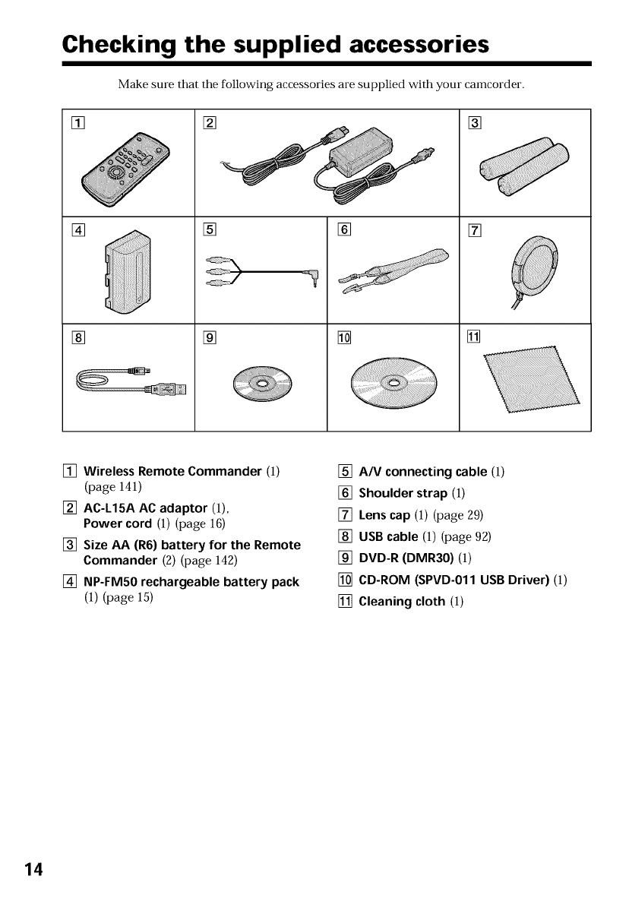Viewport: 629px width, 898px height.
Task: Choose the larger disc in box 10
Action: point(394,381)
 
